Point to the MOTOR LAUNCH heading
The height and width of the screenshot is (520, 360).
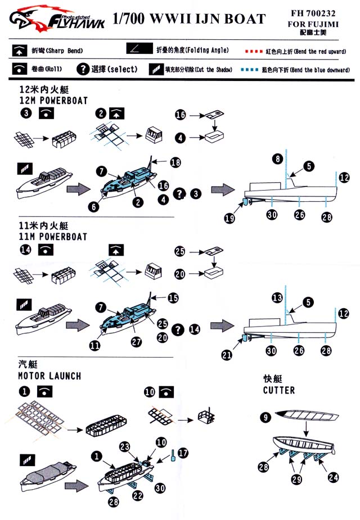[x=49, y=376]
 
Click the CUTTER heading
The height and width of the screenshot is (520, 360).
[x=278, y=390]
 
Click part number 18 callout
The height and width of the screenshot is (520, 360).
[x=175, y=162]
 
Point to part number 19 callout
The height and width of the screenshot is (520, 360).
[x=229, y=219]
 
